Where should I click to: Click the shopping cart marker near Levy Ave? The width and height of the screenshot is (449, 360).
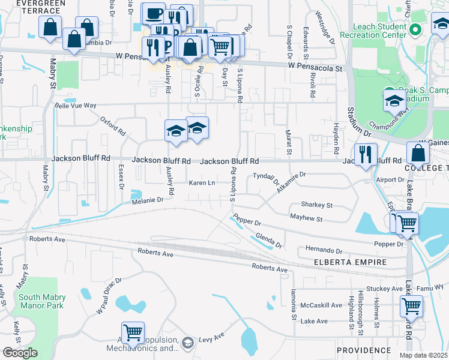pyautogui.click(x=133, y=332)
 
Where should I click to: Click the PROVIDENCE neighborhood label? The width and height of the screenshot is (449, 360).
pyautogui.click(x=364, y=350)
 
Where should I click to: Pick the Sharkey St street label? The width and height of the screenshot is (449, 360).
pyautogui.click(x=317, y=205)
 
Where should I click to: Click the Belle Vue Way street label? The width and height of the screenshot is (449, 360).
pyautogui.click(x=76, y=105)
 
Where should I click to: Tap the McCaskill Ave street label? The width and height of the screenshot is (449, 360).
pyautogui.click(x=322, y=305)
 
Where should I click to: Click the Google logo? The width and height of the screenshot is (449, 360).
pyautogui.click(x=20, y=353)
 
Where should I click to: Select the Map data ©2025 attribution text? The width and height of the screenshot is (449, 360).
pyautogui.click(x=423, y=355)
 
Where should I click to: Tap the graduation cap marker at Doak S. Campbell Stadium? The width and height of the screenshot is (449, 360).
pyautogui.click(x=394, y=101)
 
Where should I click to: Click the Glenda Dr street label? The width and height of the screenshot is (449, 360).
pyautogui.click(x=268, y=241)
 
